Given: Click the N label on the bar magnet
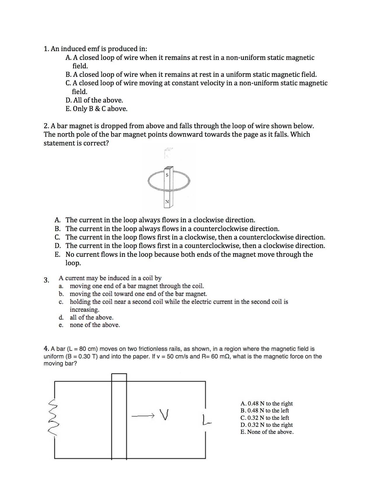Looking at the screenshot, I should pos(167,202).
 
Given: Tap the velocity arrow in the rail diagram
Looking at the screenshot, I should pos(143,415).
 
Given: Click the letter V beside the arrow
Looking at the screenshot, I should pos(164,415).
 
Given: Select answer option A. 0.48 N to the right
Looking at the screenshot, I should pos(266,403).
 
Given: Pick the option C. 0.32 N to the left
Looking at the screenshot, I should pos(265,418).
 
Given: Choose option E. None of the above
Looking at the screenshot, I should pos(267,432).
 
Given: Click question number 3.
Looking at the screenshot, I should pos(46,280).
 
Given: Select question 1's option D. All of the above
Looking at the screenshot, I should pos(94,100).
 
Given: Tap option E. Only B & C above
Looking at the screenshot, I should pos(96,109).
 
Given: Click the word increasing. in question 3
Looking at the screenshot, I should pos(84,310).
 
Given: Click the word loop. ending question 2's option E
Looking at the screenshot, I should pos(73,263).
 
